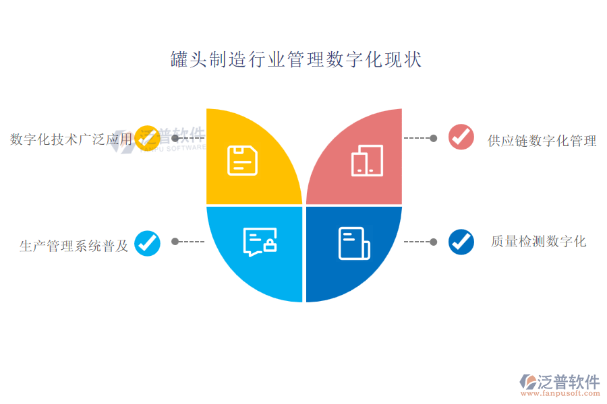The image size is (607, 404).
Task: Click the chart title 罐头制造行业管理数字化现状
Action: point(296,59)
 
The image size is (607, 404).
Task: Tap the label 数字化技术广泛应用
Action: point(71,139)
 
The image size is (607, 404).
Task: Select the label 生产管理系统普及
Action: point(74,246)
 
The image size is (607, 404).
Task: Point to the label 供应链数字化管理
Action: point(542,141)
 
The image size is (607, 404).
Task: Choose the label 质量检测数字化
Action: point(538,241)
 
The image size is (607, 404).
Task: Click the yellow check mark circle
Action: point(148,138)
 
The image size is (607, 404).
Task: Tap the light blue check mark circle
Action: point(148,243)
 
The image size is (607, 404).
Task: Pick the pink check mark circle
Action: point(461,137)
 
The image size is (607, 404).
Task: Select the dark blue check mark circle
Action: point(461,242)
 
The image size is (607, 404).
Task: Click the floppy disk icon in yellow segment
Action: point(242,160)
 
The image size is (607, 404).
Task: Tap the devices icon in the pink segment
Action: point(367,160)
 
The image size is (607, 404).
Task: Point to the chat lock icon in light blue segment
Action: point(260,242)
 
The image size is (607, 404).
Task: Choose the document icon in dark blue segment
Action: point(354,243)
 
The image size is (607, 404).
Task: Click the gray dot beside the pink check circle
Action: point(434,138)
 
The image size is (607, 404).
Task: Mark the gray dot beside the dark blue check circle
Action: point(434,242)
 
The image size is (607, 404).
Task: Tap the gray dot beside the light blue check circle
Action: point(175,242)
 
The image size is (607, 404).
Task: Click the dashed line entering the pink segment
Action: point(417,138)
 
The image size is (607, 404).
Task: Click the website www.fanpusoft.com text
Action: point(560,393)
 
